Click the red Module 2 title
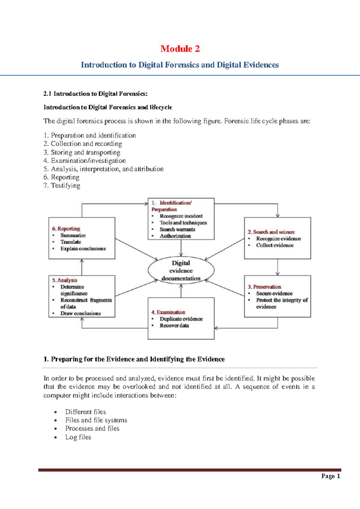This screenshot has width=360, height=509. pos(180,49)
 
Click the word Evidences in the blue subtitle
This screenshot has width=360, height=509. pos(261,65)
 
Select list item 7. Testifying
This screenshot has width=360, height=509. pos(62,185)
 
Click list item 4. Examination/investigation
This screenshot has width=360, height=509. pos(85,161)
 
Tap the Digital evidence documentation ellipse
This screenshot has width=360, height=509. pos(181,270)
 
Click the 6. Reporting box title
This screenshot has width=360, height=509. pos(66,229)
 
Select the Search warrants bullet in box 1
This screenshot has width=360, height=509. pos(177,229)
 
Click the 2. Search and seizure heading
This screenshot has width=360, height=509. pos(271,232)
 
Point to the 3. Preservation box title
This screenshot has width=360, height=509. pos(264,287)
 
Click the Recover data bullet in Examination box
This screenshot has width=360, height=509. pos(174,326)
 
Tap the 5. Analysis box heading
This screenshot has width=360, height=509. pos(64,280)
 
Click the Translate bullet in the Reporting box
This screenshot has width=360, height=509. pos(71,242)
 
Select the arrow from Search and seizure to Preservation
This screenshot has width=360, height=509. pos(277,267)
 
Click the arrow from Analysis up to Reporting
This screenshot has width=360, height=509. pos(82,267)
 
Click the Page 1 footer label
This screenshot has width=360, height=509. pos(331,476)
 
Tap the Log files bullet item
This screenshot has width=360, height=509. pos(78,437)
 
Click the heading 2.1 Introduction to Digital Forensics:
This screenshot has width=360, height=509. pos(95,94)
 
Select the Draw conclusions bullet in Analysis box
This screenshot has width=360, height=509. pos(80,313)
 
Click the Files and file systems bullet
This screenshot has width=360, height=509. pos(96,420)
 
